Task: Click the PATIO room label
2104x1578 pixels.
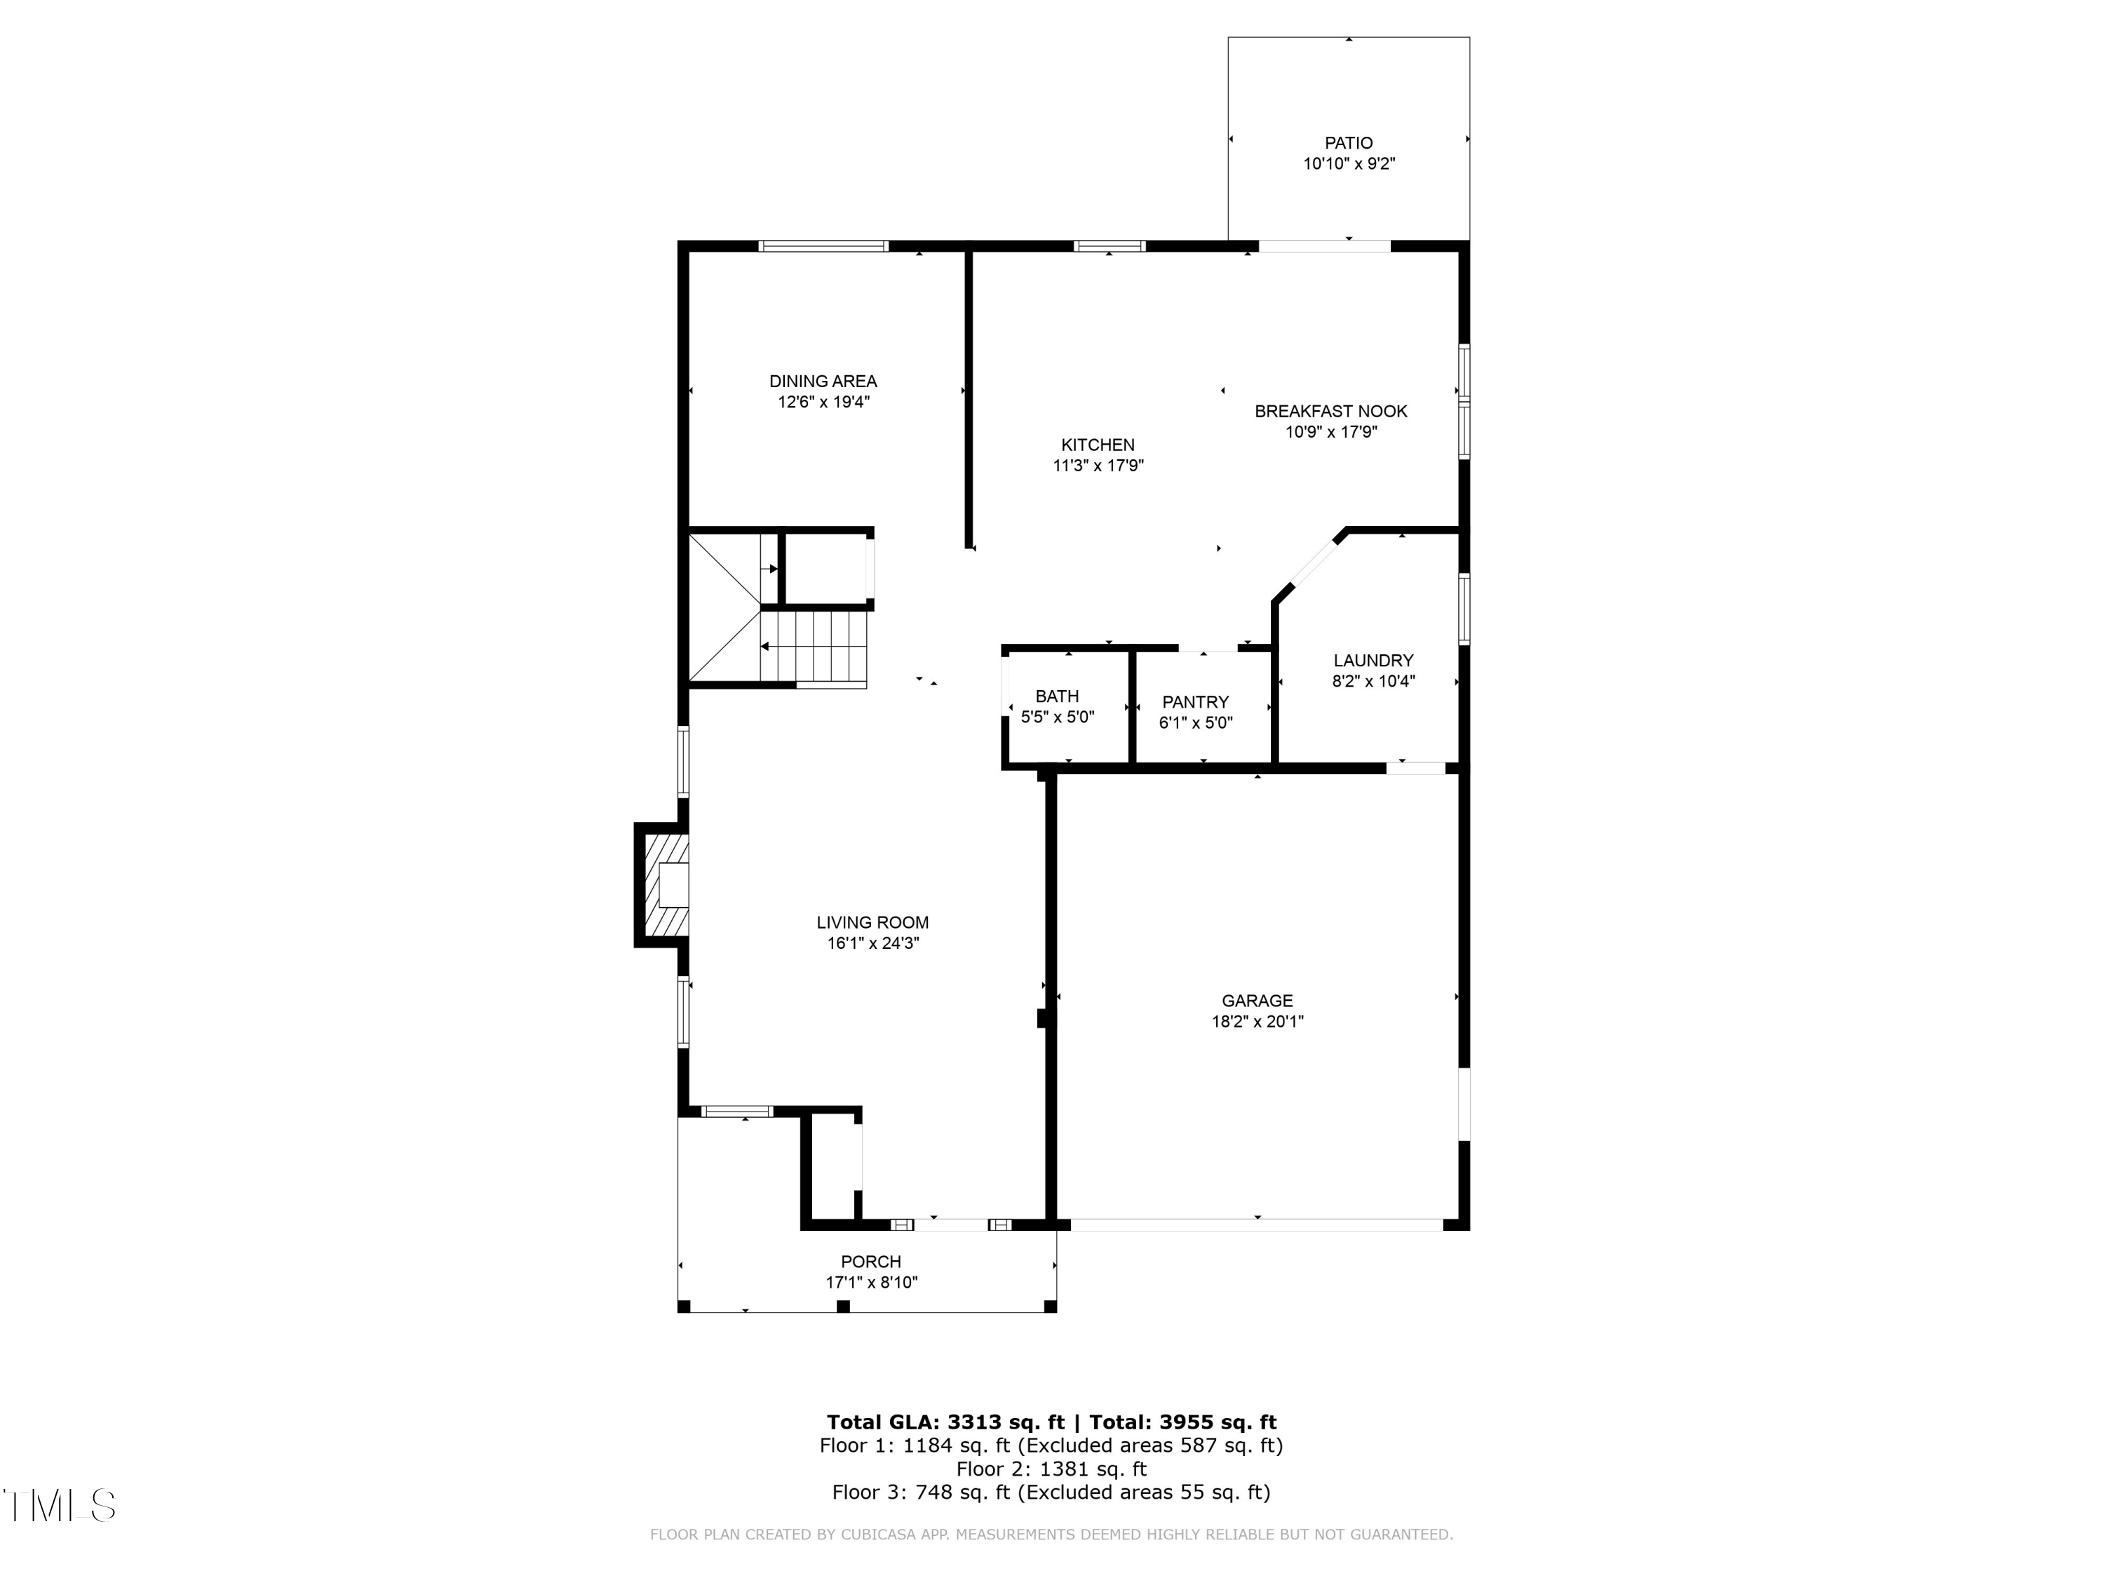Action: pos(1348,142)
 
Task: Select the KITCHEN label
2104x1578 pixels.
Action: pos(1098,444)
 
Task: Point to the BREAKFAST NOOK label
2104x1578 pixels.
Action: pos(1330,411)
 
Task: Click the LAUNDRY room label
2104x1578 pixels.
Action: pos(1373,660)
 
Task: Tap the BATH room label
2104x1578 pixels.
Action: pos(1057,696)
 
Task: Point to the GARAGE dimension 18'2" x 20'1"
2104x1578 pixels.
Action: pos(1257,1022)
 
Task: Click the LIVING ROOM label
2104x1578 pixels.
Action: pos(872,922)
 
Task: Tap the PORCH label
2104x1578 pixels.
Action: pos(870,1261)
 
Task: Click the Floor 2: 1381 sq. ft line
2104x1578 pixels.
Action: pos(1051,1469)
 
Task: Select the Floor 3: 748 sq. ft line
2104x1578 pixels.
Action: pos(1051,1492)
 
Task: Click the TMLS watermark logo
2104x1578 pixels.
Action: pos(59,1506)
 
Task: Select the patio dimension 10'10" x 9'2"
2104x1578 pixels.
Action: pos(1348,163)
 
